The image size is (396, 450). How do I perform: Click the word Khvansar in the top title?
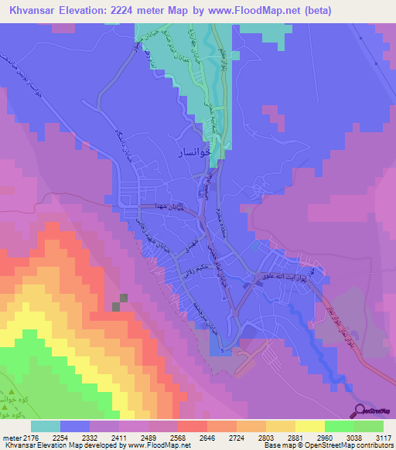point(32,9)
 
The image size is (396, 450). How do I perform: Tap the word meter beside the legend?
point(10,438)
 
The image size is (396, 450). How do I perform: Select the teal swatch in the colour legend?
point(46,426)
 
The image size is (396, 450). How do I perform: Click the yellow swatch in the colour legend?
point(310,426)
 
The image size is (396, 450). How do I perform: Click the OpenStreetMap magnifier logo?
point(360,410)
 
